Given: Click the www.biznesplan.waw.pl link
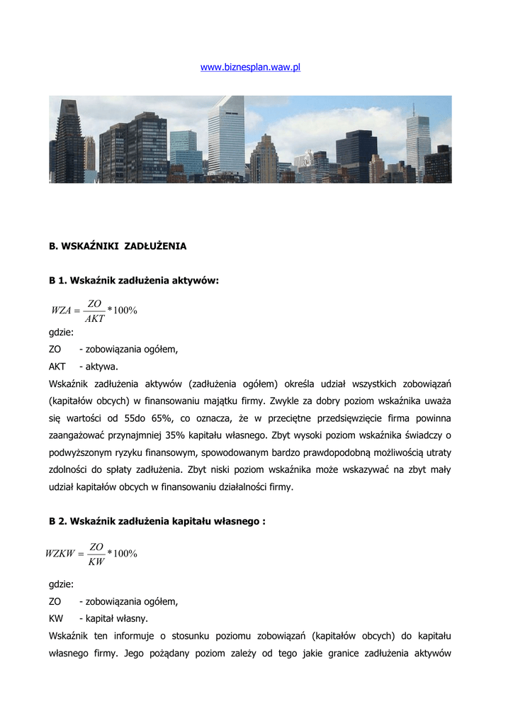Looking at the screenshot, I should [x=251, y=67].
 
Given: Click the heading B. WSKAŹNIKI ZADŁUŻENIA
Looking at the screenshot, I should [x=118, y=247].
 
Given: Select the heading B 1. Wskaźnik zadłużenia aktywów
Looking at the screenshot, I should [x=134, y=281].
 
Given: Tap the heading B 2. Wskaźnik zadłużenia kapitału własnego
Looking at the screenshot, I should [x=157, y=521].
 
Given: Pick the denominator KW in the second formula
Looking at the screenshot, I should [x=96, y=562].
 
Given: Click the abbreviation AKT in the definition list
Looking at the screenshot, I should [x=57, y=367].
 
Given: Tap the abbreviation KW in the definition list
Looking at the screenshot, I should [x=56, y=618].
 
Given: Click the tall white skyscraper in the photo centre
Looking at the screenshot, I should [x=226, y=136].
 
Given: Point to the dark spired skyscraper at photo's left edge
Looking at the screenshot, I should [x=70, y=142].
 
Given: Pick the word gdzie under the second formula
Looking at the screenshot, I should [x=61, y=584].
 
